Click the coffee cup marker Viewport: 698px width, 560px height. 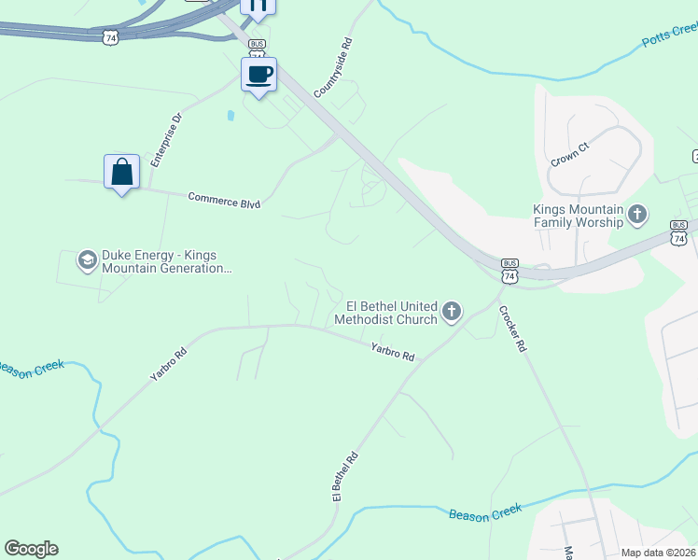click(258, 74)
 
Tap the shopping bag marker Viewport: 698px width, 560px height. click(121, 172)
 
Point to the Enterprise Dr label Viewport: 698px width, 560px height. click(168, 137)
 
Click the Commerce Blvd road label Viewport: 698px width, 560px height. click(224, 200)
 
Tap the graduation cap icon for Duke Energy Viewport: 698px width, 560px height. click(88, 259)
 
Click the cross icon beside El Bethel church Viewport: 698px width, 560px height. click(452, 311)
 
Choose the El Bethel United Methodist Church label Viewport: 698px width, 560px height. click(391, 312)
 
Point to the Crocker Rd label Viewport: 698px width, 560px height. click(513, 329)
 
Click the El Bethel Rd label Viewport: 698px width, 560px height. click(345, 478)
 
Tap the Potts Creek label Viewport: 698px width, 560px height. click(669, 37)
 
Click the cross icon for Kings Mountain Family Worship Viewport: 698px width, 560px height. click(637, 216)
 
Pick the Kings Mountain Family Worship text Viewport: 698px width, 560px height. click(578, 216)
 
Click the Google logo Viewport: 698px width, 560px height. click(31, 549)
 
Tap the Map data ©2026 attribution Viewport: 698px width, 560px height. click(659, 553)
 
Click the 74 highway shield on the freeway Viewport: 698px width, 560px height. click(111, 37)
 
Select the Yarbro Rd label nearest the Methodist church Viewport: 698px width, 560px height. click(392, 351)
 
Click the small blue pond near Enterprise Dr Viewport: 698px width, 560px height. click(230, 116)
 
